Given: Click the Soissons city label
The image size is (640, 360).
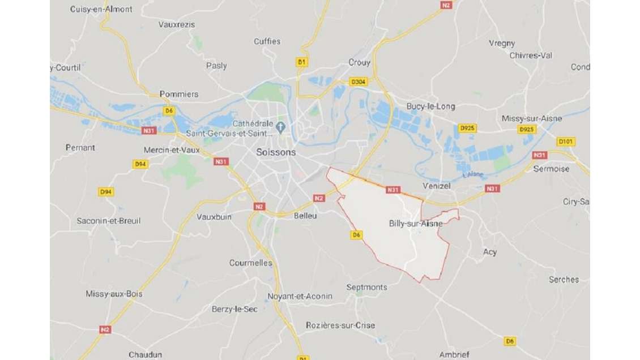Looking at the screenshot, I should (x=276, y=152).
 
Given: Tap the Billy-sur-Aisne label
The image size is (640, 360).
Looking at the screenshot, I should (x=416, y=223).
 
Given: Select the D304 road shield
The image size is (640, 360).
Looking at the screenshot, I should (x=359, y=82).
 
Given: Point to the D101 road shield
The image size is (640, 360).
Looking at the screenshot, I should (x=565, y=142).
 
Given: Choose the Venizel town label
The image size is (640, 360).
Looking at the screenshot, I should (x=436, y=186).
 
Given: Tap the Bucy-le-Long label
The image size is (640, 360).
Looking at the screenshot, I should (x=430, y=106).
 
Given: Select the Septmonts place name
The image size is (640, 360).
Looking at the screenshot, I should (x=366, y=287).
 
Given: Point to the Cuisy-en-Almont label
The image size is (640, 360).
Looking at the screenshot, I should (x=101, y=9).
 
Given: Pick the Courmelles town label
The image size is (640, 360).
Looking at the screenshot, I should (x=250, y=263).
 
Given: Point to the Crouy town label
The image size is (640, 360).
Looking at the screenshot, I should (x=359, y=62).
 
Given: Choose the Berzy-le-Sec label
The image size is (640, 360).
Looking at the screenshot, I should (x=234, y=308).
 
